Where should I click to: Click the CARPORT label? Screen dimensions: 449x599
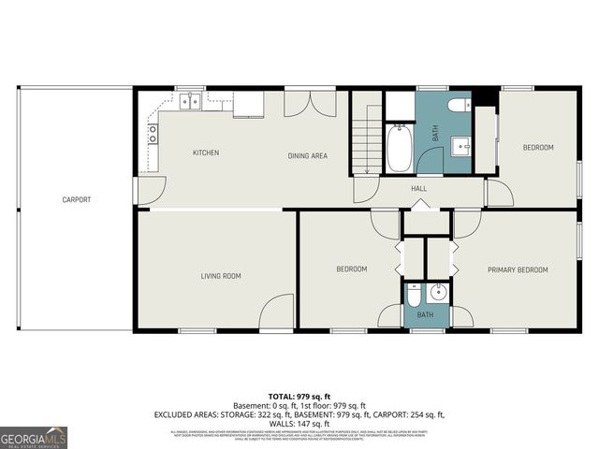coord(77,199)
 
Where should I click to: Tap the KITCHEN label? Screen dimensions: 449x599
coord(206,153)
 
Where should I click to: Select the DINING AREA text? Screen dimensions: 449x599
coord(307,155)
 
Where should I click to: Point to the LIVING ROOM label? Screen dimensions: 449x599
coord(221,275)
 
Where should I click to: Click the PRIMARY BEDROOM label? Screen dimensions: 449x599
coord(518,270)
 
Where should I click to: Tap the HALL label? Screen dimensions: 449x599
coord(418,189)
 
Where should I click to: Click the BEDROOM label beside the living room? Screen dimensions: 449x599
coord(352,270)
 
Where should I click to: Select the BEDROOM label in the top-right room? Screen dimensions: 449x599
coord(538,148)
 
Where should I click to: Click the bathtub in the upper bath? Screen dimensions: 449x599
coord(400,150)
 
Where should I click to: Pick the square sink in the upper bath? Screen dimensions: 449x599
coord(460,147)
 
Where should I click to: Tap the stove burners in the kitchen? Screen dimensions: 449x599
coord(152,134)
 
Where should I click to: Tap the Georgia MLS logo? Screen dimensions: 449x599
coord(33,436)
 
